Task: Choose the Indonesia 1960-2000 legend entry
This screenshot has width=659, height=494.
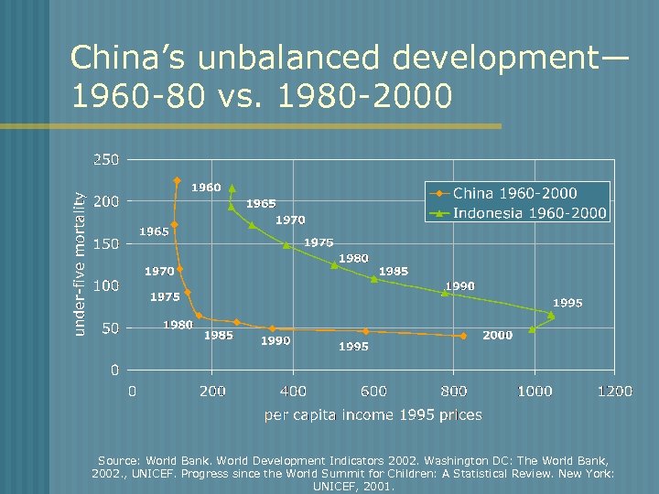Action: coord(529,213)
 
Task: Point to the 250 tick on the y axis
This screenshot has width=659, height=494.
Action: coord(106,159)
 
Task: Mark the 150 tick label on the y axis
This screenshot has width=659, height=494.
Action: coord(106,243)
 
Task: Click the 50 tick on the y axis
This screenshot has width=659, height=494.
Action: coord(110,328)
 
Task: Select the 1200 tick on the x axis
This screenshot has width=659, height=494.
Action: coord(614,392)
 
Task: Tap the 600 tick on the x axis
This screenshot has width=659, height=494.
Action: coord(373,392)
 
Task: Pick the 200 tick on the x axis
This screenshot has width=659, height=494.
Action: coord(212,392)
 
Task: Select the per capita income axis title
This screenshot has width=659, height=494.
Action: coord(373,415)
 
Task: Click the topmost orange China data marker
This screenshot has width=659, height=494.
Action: coord(177,180)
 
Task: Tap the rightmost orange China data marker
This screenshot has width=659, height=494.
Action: coord(463,336)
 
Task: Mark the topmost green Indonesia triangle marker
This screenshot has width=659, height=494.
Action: coord(232,188)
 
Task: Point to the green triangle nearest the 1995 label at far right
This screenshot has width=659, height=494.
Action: coord(551,315)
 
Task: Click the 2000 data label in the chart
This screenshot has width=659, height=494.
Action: coord(497,336)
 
